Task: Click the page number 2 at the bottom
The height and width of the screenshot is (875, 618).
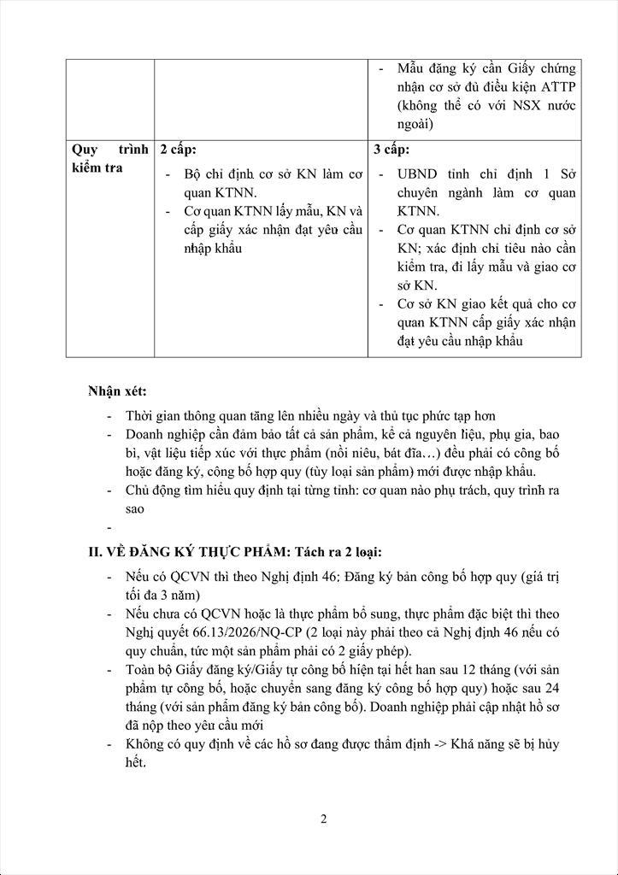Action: (x=324, y=819)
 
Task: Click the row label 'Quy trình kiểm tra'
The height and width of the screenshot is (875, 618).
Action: (x=109, y=158)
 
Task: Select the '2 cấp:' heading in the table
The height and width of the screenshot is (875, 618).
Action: (x=178, y=150)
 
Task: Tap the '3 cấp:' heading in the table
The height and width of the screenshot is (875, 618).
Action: (x=391, y=150)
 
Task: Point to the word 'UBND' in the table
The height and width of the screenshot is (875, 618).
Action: (x=417, y=173)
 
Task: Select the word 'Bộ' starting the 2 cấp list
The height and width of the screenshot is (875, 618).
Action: (x=192, y=173)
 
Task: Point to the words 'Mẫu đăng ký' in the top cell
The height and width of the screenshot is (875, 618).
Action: (x=434, y=68)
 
